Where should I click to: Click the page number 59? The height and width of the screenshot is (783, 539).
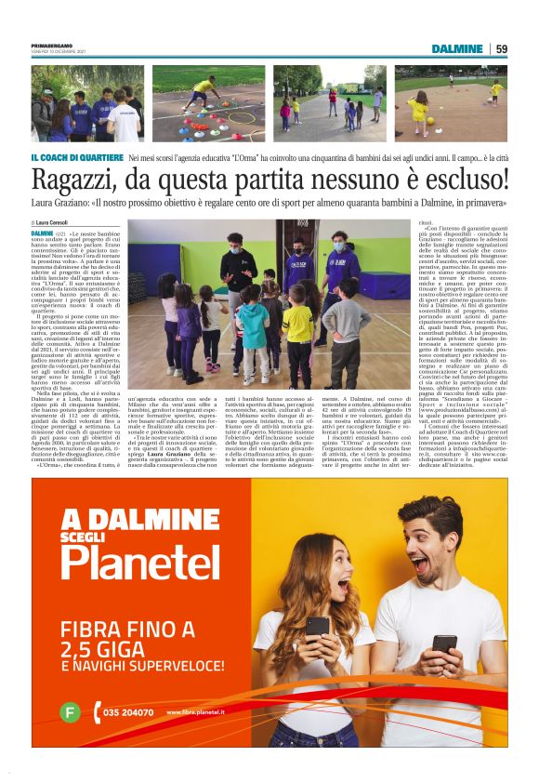(x=502, y=48)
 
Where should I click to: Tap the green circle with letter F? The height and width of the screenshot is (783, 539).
(x=69, y=712)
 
